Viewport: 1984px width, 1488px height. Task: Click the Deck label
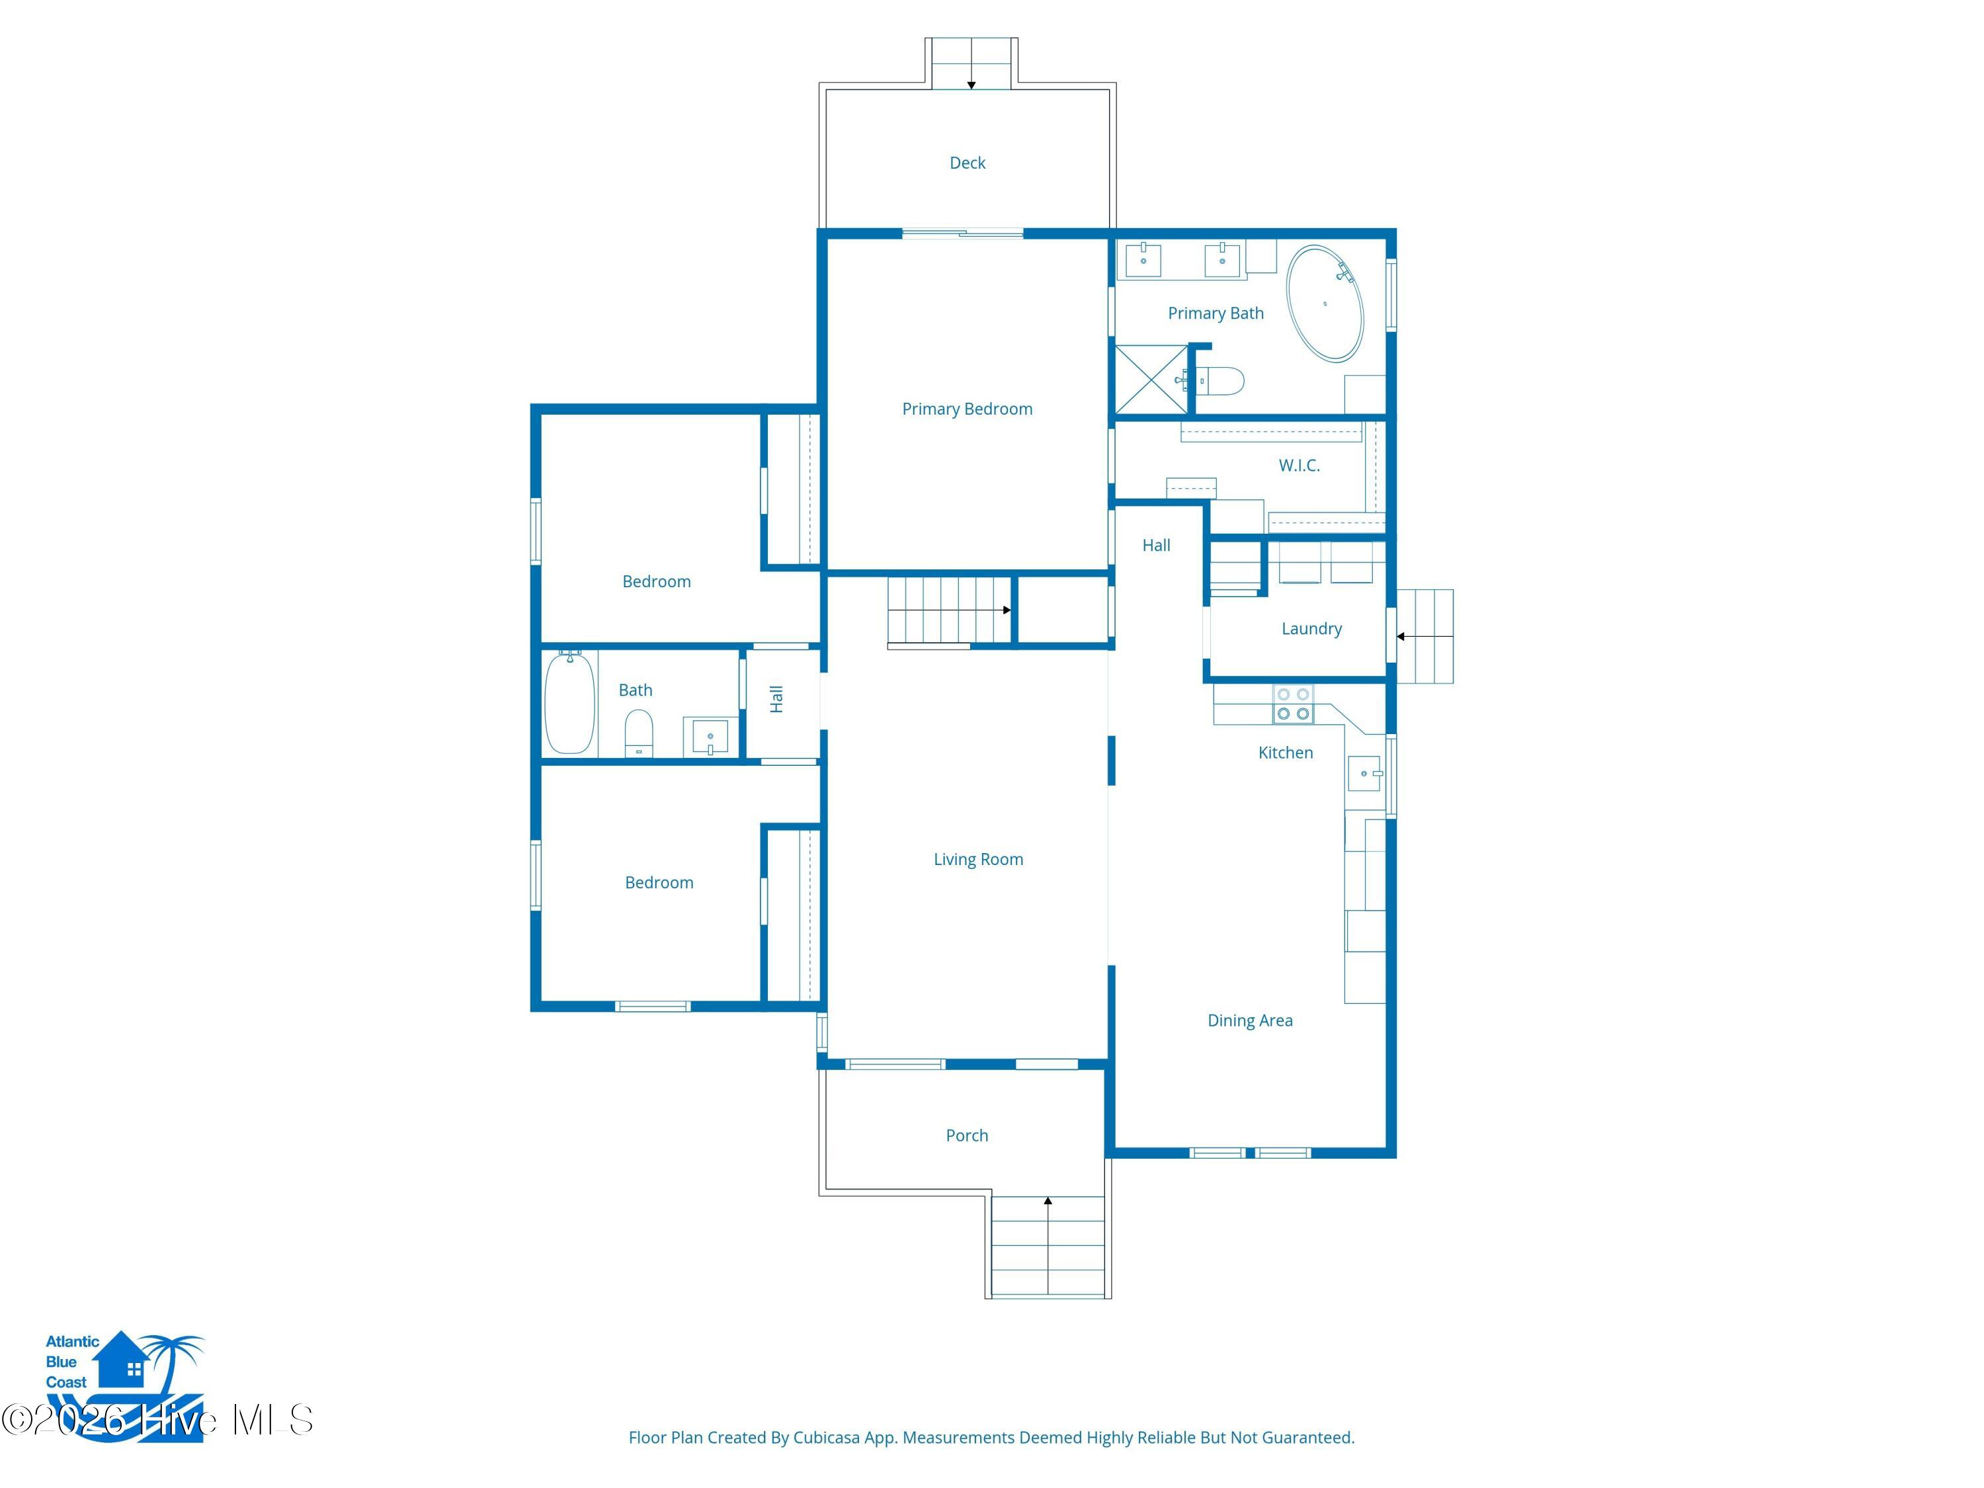click(967, 162)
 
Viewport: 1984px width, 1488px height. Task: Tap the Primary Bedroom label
click(967, 409)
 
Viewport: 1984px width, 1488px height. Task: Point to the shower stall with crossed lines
click(1151, 380)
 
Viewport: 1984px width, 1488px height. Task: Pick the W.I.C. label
click(1299, 466)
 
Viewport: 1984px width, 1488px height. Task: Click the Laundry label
click(1311, 629)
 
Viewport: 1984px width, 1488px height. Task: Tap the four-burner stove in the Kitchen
click(1292, 704)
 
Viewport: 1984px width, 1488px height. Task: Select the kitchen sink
click(1364, 773)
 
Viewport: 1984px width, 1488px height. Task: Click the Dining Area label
click(1249, 1020)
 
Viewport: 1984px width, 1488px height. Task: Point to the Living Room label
click(977, 859)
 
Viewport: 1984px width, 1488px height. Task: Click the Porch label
click(967, 1136)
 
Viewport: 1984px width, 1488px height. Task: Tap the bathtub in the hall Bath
click(569, 703)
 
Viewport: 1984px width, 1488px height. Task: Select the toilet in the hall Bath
click(639, 733)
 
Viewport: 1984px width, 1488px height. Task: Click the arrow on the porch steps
click(1048, 1246)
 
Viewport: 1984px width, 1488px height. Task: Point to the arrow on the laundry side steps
click(1425, 637)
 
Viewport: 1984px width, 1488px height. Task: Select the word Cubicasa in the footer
click(826, 1438)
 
